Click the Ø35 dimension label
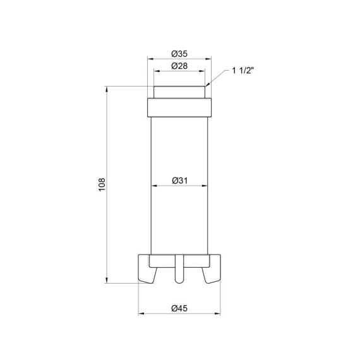point(180,53)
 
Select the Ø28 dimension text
point(180,66)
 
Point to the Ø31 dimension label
point(180,181)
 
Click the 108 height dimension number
point(102,184)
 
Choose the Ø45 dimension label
point(180,308)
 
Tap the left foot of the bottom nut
point(147,270)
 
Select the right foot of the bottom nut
point(213,270)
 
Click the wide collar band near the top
point(180,107)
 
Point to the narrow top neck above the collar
point(180,92)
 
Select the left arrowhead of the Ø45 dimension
point(140,314)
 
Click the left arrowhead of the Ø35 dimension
point(148,59)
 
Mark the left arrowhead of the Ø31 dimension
point(152,186)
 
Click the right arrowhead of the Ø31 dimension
point(208,186)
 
